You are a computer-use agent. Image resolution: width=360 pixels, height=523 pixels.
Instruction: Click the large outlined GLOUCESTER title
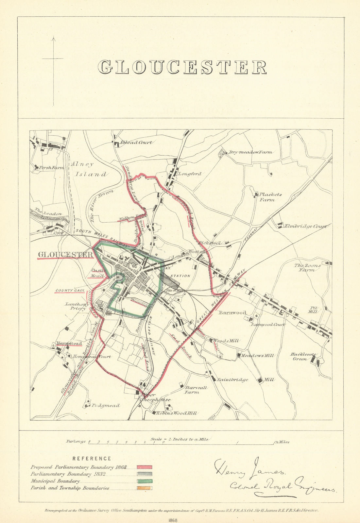[x=182, y=67]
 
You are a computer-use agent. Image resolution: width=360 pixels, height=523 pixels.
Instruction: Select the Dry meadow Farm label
[x=250, y=152]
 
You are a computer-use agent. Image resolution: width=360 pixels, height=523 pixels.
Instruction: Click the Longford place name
[x=190, y=174]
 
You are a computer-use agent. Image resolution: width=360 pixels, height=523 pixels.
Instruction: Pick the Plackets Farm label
[x=270, y=197]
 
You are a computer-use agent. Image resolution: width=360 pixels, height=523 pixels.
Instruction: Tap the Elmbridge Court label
[x=305, y=226]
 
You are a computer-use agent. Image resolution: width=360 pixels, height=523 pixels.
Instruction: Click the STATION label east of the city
[x=180, y=276]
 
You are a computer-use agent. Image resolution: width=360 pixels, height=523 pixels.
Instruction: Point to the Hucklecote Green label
[x=300, y=356]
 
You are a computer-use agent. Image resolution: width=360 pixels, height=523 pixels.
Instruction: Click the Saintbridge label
[x=232, y=380]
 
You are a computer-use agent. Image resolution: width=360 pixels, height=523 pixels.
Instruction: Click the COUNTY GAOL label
[x=70, y=290]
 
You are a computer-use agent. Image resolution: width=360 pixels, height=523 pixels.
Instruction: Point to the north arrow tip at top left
[x=54, y=38]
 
